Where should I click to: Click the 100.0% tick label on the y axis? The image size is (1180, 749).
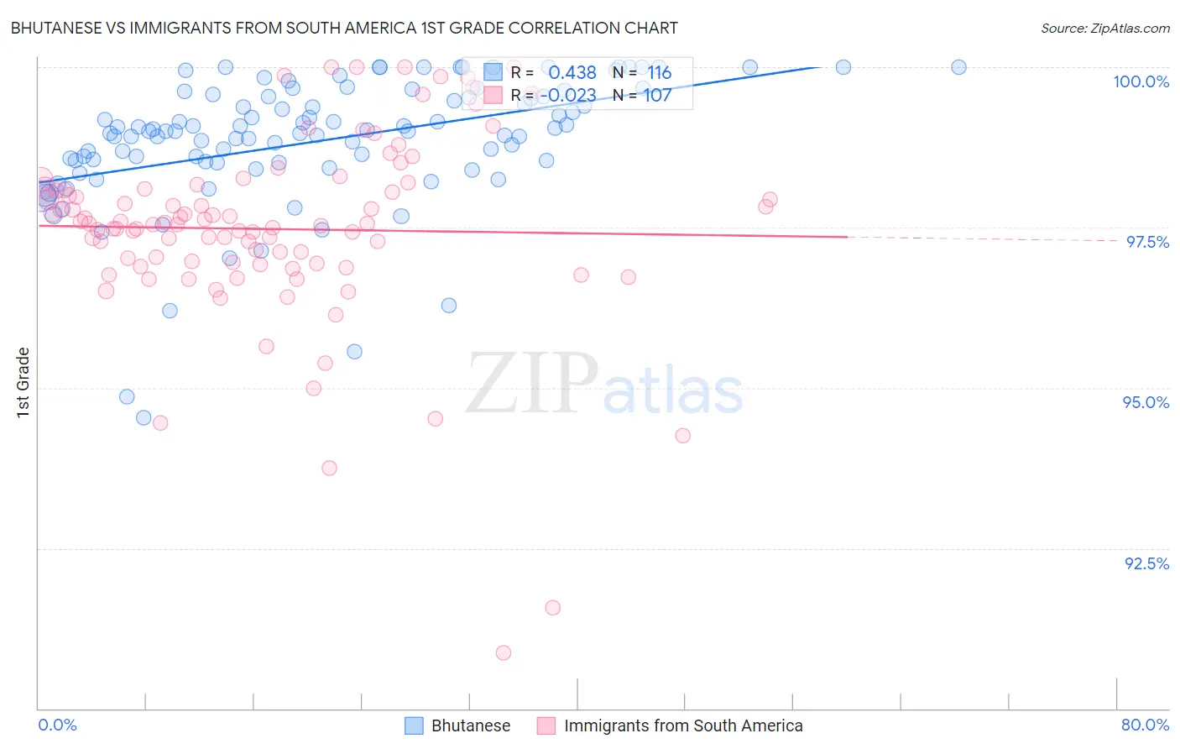(1141, 81)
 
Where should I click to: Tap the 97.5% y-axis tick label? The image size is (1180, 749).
(1146, 242)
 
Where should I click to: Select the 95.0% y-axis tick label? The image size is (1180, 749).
(1146, 402)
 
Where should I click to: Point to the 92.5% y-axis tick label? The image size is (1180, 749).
(1146, 563)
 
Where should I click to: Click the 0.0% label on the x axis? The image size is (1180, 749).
(57, 725)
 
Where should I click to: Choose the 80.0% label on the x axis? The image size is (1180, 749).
(1145, 725)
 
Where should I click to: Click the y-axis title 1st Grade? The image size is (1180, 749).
(23, 382)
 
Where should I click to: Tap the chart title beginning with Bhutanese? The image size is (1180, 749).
(344, 28)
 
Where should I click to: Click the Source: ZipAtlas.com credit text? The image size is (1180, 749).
(1104, 28)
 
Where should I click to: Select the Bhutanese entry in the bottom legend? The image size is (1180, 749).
(470, 725)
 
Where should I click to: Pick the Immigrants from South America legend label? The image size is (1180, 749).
(683, 725)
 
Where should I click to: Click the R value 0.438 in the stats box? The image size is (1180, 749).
(572, 73)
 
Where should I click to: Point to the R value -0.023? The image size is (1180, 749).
(567, 96)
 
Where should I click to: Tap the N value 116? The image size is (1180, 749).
(659, 73)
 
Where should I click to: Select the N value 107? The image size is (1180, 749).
(657, 96)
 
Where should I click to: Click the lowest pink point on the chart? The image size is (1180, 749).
(504, 652)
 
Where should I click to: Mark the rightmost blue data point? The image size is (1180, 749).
(958, 67)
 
